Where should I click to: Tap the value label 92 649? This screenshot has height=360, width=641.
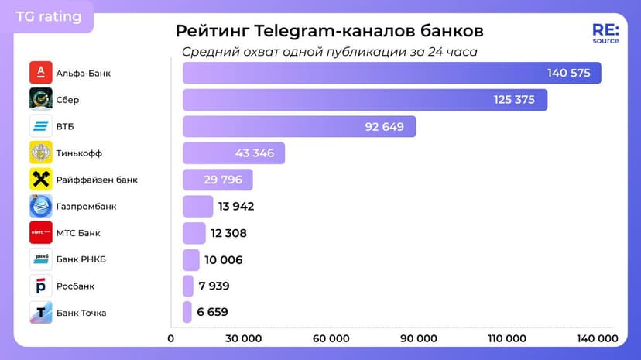tap(385, 127)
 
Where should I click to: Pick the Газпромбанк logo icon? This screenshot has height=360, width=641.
tap(40, 206)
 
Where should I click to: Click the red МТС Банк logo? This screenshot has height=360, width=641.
tap(40, 232)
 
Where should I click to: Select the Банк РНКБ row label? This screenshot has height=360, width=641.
tap(81, 259)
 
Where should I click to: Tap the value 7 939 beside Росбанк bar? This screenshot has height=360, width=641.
tap(214, 286)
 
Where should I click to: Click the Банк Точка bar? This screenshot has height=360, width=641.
tap(187, 312)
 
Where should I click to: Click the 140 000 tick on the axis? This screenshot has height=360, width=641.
tap(597, 338)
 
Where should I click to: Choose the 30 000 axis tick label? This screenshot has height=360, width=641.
tap(242, 338)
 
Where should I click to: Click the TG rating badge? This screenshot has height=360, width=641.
tap(48, 16)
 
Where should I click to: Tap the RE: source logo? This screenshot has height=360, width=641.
tap(605, 33)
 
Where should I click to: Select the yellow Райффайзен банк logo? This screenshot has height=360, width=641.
tap(40, 180)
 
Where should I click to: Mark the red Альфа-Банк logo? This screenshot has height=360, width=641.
tap(40, 73)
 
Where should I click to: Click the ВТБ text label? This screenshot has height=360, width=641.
tap(65, 126)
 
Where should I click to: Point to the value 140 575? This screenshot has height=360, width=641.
tap(568, 74)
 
